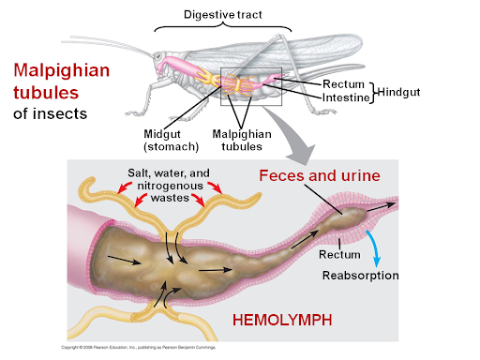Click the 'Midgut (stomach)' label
tap(168, 141)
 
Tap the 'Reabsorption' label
tap(361, 275)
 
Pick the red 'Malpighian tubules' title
tap(59, 82)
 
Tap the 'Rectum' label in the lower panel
tap(336, 254)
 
